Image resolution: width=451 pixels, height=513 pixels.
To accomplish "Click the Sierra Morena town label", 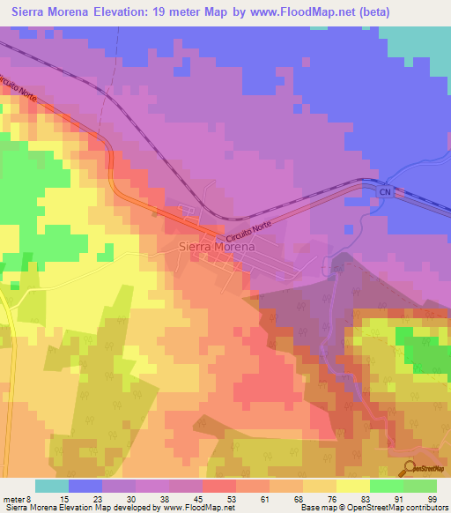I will click(217, 247).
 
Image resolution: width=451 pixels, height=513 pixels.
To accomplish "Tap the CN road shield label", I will click(384, 191).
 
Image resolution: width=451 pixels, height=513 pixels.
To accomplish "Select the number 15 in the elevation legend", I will click(64, 498).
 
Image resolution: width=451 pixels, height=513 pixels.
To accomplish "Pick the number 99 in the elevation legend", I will click(433, 498).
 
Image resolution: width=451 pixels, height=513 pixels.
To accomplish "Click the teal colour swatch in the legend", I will click(52, 486).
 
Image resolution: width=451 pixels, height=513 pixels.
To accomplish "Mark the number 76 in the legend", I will click(332, 498).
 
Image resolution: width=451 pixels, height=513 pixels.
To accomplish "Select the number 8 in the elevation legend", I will click(34, 498).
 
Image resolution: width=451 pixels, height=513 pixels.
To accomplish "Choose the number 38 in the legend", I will click(165, 498).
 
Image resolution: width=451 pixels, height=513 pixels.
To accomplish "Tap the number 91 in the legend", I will click(399, 498).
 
